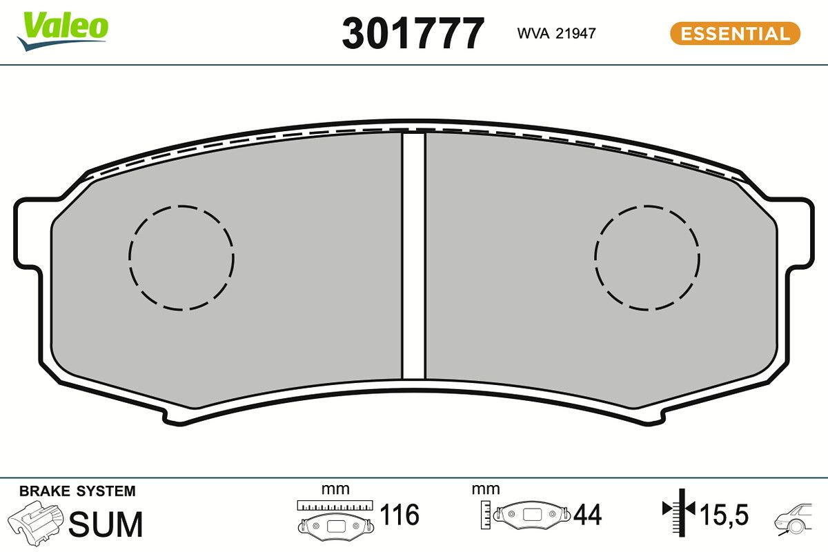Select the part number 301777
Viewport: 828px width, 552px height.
click(413, 33)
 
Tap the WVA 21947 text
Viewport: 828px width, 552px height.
click(556, 33)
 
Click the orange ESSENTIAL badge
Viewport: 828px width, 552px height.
click(735, 34)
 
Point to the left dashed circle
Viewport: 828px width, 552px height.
click(181, 257)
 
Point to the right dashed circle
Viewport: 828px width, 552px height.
click(647, 257)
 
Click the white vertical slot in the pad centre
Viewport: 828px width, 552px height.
click(413, 255)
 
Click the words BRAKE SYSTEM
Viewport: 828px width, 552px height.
click(77, 491)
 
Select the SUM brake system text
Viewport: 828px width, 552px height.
click(106, 524)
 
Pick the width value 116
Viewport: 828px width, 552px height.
click(400, 515)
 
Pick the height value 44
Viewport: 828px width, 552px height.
click(586, 515)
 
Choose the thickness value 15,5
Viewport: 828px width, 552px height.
click(724, 515)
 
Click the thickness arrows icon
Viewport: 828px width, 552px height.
click(679, 511)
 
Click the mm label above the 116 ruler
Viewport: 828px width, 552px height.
click(335, 489)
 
